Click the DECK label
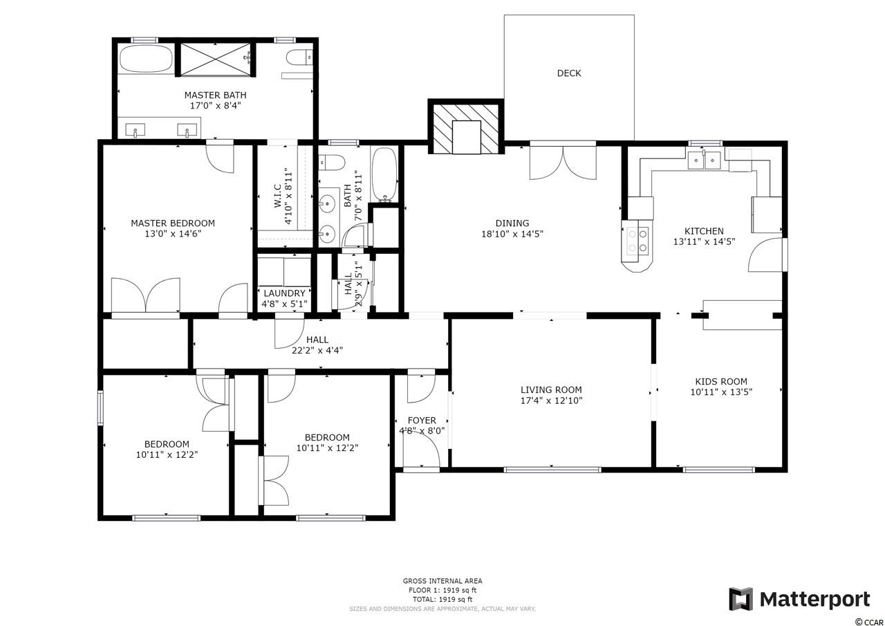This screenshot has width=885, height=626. tap(569, 73)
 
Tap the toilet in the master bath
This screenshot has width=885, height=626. tap(299, 57)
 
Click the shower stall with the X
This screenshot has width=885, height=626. tap(215, 59)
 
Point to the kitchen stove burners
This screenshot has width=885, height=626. tap(637, 241)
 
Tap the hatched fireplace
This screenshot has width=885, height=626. tap(466, 127)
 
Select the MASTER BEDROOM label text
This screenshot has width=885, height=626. tap(173, 223)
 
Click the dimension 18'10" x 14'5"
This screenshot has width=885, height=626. tap(512, 234)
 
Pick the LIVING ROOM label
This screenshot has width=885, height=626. tap(551, 390)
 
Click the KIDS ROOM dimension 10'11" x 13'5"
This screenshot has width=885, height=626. tap(721, 392)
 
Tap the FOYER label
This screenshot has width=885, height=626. tap(422, 421)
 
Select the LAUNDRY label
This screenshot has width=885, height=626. tap(284, 293)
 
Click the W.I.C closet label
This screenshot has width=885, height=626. tap(278, 196)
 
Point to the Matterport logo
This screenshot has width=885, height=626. tap(799, 599)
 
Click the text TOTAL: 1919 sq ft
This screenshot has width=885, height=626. tap(442, 600)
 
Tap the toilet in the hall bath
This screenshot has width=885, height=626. tap(332, 163)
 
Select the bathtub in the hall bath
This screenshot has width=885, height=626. tap(384, 175)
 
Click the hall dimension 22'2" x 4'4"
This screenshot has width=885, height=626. tap(317, 351)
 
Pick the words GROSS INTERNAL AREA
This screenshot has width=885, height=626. tap(442, 581)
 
